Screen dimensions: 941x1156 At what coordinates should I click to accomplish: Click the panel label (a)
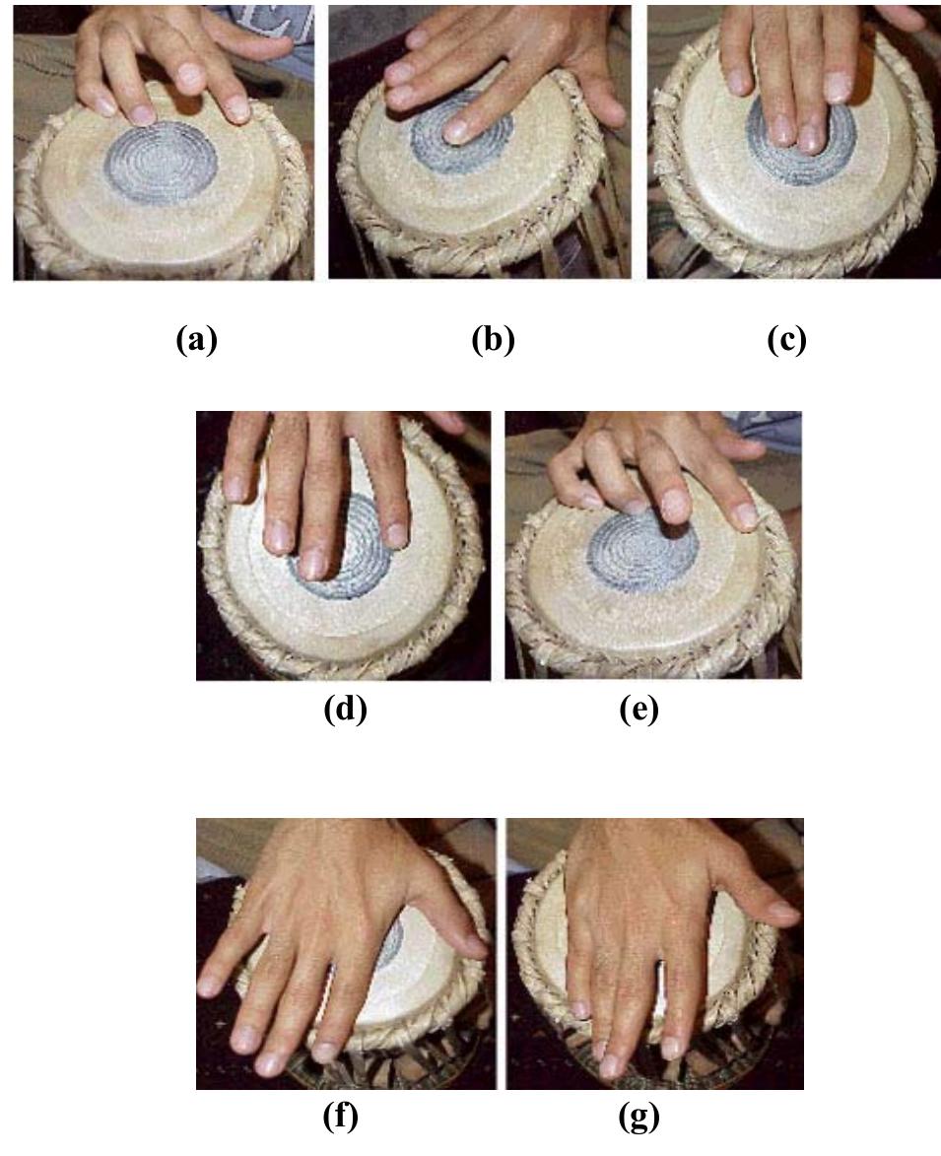(197, 340)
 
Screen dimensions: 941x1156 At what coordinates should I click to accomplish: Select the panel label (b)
(493, 340)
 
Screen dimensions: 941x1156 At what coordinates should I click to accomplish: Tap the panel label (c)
(787, 340)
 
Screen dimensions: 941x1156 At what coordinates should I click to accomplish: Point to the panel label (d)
(345, 709)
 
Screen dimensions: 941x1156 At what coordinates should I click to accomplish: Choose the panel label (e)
(639, 709)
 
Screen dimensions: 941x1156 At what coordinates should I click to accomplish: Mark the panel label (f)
(341, 1117)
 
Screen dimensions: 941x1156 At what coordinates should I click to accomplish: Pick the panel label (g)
(639, 1117)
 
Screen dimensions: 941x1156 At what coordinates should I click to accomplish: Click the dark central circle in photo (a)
(161, 163)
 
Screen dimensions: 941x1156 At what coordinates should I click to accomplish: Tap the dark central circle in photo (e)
(642, 549)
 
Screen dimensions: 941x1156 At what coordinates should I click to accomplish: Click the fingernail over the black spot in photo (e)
(674, 506)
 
